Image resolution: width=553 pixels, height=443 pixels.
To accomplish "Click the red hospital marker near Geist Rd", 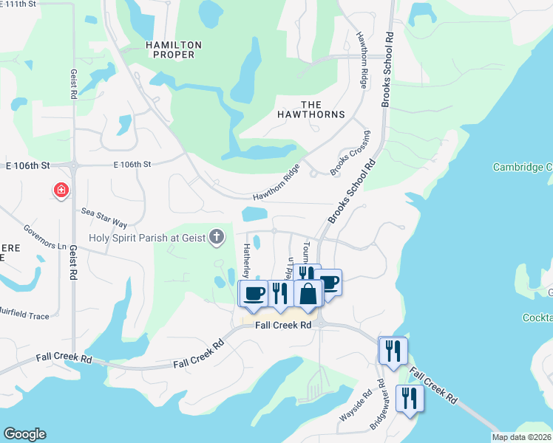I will point(60,191).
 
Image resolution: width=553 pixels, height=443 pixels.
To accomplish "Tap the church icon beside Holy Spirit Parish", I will point(216,237).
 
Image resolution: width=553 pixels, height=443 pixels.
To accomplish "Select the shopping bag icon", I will point(308,293).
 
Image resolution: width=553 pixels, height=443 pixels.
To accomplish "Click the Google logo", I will point(24,434).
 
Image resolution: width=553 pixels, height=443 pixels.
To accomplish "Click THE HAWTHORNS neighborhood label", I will point(311,109).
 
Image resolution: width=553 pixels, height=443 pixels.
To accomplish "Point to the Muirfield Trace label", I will point(24,315).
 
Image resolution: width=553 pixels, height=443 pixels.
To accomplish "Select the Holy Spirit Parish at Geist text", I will point(147,238).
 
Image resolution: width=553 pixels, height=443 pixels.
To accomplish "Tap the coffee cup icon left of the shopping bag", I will point(254,293).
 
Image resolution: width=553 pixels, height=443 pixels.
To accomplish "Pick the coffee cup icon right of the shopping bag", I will point(330,281).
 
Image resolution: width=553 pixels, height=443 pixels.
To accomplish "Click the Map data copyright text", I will point(522,437).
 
